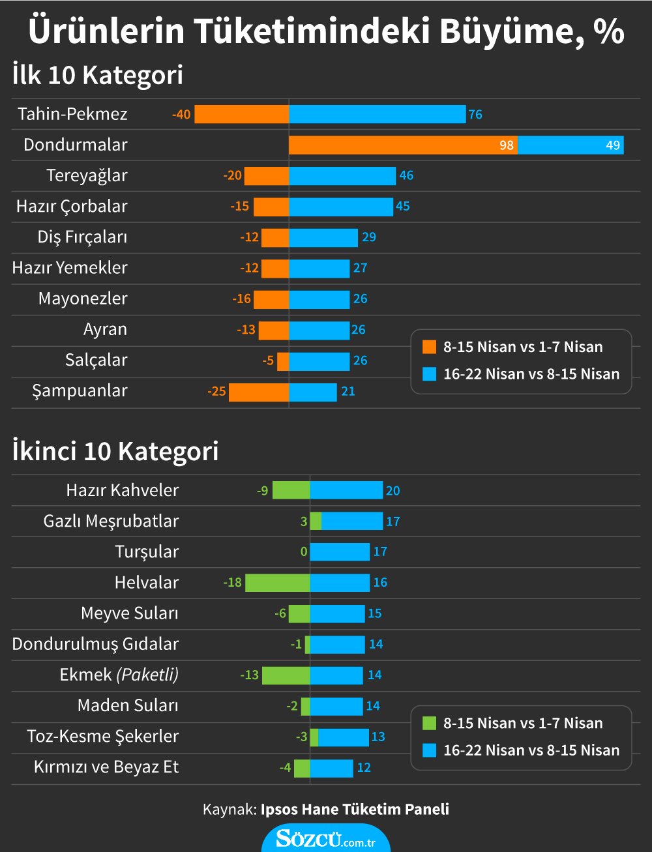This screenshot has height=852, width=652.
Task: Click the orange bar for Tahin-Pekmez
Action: pos(241,114)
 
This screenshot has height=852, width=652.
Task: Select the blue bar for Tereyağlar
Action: pos(342,175)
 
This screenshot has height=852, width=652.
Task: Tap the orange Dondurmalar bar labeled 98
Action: pos(403,145)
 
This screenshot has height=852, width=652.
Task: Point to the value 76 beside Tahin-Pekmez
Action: pos(475,115)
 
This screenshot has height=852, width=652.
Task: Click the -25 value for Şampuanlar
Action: pos(216,392)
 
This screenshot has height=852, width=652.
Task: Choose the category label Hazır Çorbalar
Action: pos(72,207)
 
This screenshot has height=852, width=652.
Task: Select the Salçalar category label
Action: pos(96,360)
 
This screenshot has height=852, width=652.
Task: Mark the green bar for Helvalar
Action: pos(277,583)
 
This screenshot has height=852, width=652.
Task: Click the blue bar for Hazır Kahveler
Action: pos(346,490)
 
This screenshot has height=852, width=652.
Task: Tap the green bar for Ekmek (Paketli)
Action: pos(286,675)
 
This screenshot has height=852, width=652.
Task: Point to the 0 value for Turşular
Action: pos(304,552)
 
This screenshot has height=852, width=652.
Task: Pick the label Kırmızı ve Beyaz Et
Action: pos(106,767)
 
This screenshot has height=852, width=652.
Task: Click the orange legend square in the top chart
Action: pos(429,347)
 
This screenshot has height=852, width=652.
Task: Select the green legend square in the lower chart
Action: pos(429,723)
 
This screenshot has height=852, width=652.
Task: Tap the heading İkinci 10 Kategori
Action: pos(115,451)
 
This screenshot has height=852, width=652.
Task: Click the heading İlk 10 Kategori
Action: pos(98,75)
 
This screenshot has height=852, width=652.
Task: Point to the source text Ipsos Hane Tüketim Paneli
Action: pos(355,810)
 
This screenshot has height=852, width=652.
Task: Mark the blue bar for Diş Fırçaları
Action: pos(323,237)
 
